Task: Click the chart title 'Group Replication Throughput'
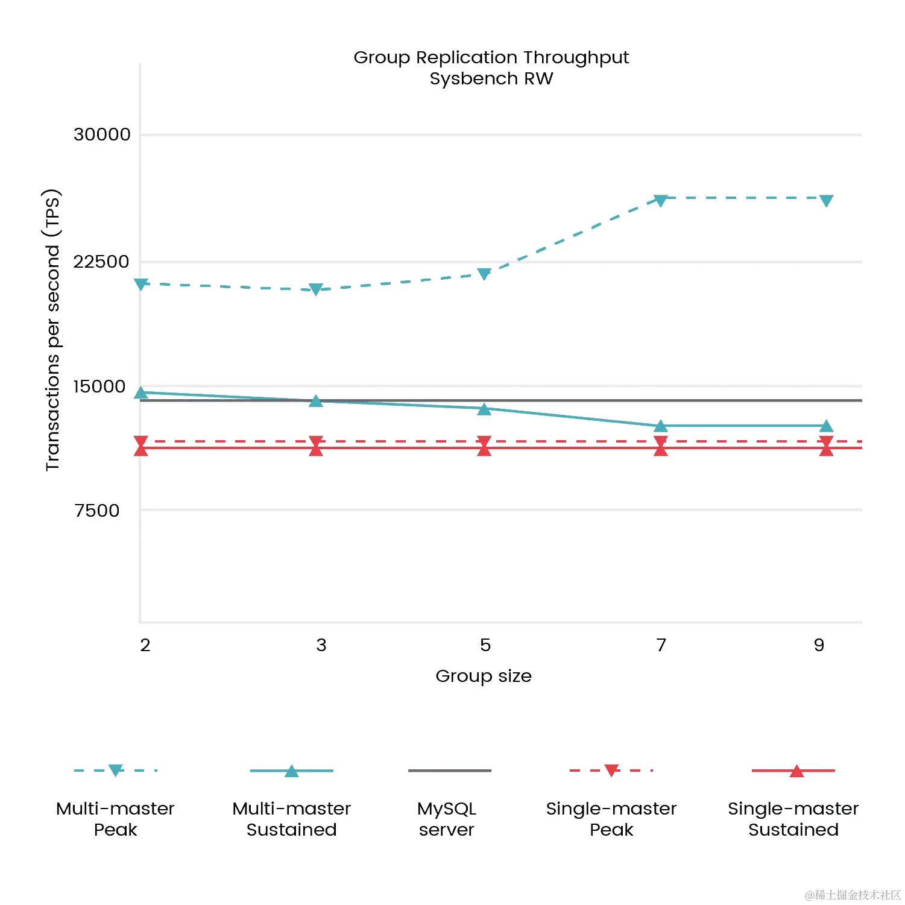pos(491,57)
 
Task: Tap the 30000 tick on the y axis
pos(102,134)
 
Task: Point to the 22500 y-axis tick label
pos(101,262)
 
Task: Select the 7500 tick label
pos(97,511)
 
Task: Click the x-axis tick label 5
pos(485,645)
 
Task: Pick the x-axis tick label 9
pos(819,645)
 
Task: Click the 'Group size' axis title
pos(484,676)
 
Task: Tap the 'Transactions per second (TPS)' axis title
pos(53,330)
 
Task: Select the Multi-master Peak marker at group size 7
pos(661,200)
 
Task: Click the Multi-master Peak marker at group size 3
pos(316,289)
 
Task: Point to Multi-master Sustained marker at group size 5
pos(484,409)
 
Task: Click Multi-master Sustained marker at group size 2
pos(141,393)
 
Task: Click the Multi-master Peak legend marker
pos(116,770)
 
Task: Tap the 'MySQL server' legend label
pos(447,819)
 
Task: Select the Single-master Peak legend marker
pos(611,770)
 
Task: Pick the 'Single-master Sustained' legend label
pos(793,819)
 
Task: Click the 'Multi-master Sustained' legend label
pos(292,819)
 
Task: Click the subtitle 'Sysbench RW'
pos(491,78)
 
